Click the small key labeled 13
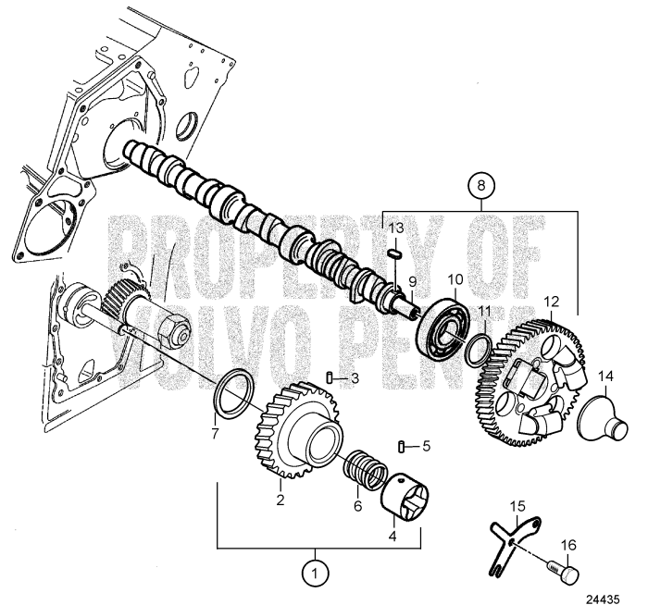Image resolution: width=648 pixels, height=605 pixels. pos(393,250)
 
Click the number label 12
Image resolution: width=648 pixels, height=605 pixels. pos(552,301)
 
